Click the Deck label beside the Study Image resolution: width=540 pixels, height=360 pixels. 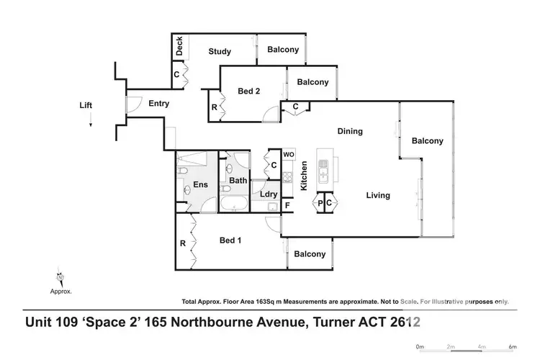(x=179, y=48)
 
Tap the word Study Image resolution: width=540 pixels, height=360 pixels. (x=220, y=51)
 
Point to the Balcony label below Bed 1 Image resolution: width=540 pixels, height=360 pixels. (x=310, y=254)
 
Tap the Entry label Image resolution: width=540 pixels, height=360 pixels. (x=158, y=104)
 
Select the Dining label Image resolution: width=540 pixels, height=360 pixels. (x=350, y=132)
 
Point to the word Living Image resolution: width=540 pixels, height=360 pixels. (x=377, y=195)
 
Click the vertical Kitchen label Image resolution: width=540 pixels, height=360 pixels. (x=304, y=175)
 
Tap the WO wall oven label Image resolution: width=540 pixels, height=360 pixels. (x=288, y=155)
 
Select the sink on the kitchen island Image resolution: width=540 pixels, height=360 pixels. (x=323, y=171)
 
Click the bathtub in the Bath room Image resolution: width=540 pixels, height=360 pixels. (x=234, y=204)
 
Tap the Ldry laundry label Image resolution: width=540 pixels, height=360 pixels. (x=269, y=194)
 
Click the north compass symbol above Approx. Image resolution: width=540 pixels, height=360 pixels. (x=60, y=276)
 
